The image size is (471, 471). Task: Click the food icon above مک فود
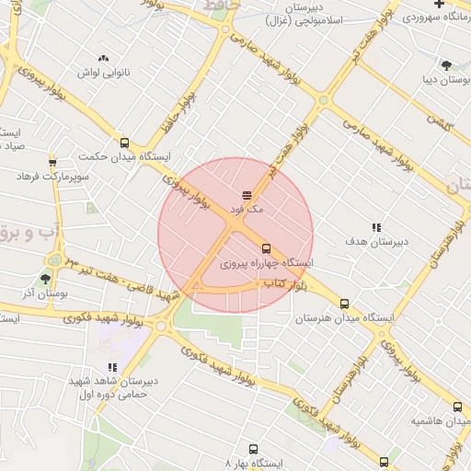click(x=246, y=194)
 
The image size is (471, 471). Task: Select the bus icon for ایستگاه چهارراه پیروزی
click(x=266, y=248)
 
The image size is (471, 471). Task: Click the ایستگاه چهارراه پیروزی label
click(x=267, y=264)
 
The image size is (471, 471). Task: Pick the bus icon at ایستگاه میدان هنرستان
click(x=345, y=304)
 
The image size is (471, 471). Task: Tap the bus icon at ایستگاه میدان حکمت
click(x=124, y=143)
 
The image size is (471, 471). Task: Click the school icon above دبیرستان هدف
click(x=375, y=227)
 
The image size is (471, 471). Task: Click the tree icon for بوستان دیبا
click(x=446, y=64)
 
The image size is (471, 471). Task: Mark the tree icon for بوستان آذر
click(x=45, y=279)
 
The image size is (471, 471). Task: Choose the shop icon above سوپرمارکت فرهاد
click(x=52, y=160)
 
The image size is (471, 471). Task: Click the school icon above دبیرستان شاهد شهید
click(x=112, y=367)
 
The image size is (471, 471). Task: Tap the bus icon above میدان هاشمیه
click(x=457, y=407)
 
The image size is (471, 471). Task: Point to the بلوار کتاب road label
click(x=284, y=287)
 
